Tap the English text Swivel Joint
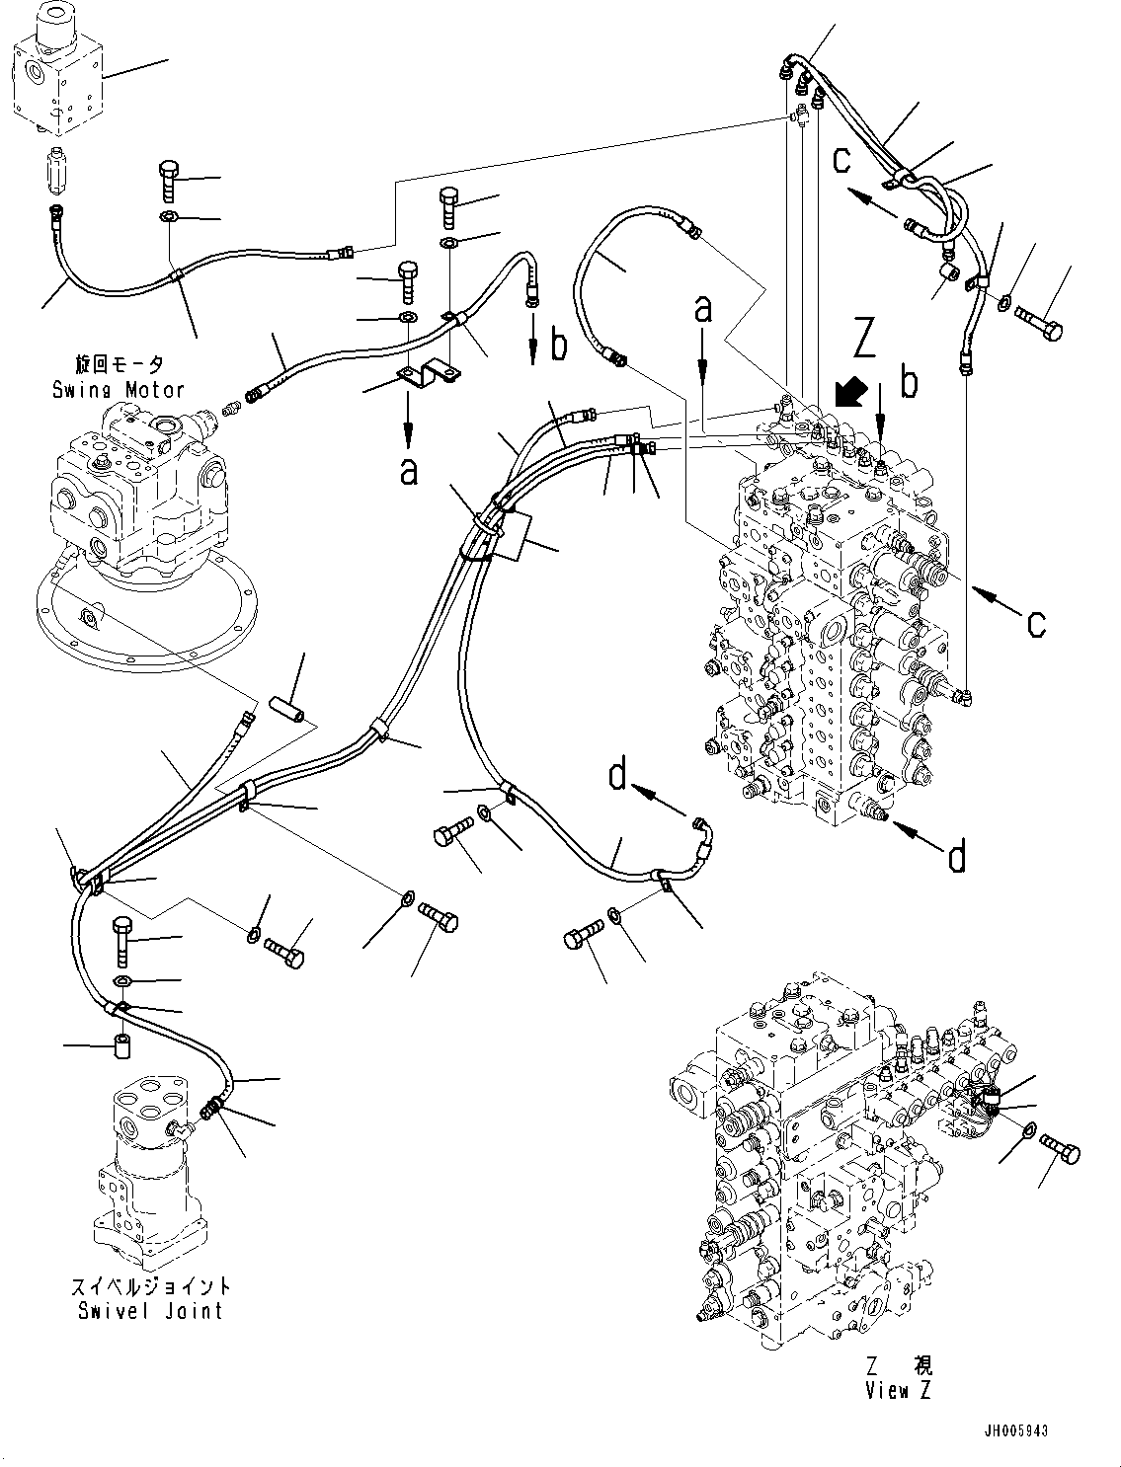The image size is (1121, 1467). pyautogui.click(x=150, y=1310)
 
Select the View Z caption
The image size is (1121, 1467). pyautogui.click(x=898, y=1391)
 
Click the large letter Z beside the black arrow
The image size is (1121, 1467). pyautogui.click(x=865, y=342)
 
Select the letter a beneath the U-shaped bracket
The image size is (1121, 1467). pyautogui.click(x=408, y=470)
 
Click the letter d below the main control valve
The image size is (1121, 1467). pyautogui.click(x=956, y=858)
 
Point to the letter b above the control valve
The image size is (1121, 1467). pyautogui.click(x=909, y=383)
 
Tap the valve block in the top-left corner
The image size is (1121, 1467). pyautogui.click(x=54, y=74)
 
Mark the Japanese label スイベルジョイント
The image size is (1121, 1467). pyautogui.click(x=150, y=1286)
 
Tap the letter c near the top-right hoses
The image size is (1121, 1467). pyautogui.click(x=841, y=158)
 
